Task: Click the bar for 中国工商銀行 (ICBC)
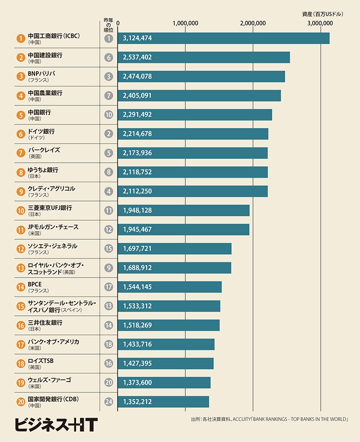click(x=223, y=38)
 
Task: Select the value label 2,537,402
click(x=137, y=57)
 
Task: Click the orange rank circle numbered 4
click(x=20, y=96)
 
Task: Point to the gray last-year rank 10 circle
click(x=108, y=115)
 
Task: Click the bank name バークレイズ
click(x=44, y=150)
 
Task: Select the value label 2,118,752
click(x=137, y=172)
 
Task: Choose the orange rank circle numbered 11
click(x=20, y=230)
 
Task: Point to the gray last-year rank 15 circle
click(x=108, y=249)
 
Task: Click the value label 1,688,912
click(x=137, y=268)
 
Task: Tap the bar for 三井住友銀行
click(x=169, y=325)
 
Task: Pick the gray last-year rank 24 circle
click(x=108, y=401)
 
